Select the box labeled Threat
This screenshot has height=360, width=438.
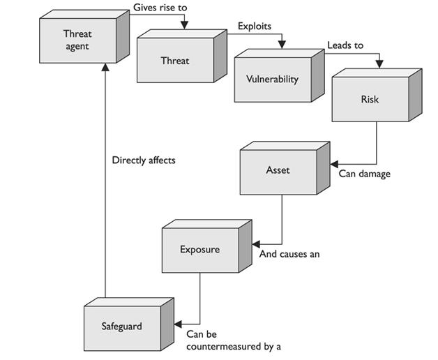coord(174,61)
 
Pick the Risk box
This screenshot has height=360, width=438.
coord(369,99)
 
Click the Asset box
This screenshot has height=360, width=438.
coord(278,170)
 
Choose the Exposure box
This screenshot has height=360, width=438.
coord(199,250)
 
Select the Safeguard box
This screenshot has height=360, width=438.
coord(121,326)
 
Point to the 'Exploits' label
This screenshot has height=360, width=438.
coord(254,27)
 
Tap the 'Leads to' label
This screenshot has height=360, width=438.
coord(345,45)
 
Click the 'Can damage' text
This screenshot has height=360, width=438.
coord(364,174)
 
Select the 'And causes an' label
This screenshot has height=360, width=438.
coord(289,254)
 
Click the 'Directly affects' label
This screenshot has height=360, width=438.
coord(144,160)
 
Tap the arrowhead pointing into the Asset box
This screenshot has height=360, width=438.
coord(333,165)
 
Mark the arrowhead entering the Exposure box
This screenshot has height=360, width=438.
coord(255,244)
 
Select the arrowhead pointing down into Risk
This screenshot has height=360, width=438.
coord(379,65)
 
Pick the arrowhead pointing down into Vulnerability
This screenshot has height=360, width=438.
coord(282,46)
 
